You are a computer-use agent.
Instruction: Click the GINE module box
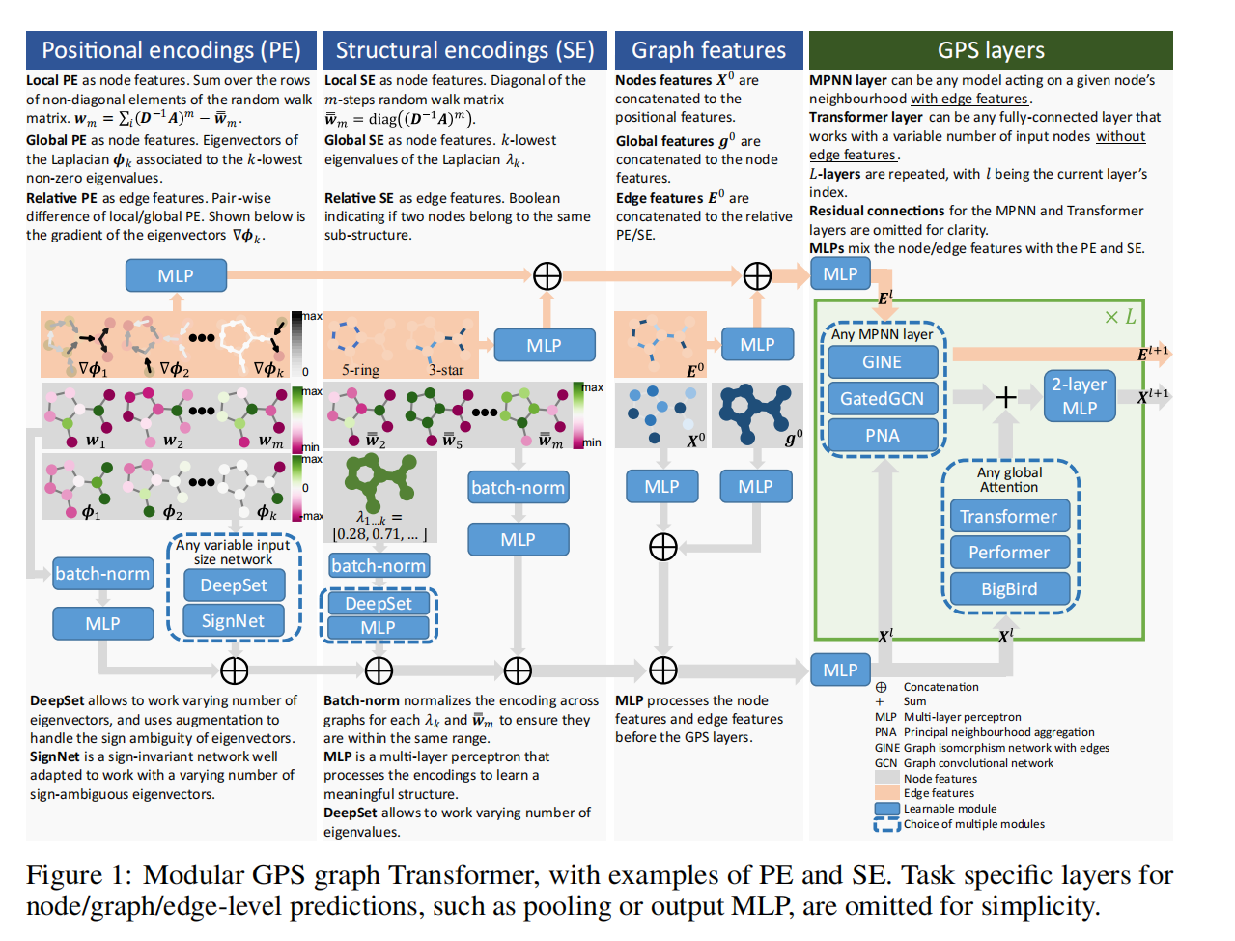tap(882, 361)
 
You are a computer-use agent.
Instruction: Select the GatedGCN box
tap(882, 398)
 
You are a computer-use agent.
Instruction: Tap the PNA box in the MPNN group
tap(882, 435)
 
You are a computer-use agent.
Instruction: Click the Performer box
tap(1009, 552)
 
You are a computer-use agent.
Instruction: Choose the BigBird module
tap(1009, 588)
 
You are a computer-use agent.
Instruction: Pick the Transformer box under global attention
tap(1009, 516)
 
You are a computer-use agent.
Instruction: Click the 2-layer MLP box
tap(1079, 396)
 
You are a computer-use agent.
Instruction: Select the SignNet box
tap(233, 620)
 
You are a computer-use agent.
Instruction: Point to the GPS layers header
tap(991, 50)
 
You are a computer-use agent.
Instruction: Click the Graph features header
tap(708, 50)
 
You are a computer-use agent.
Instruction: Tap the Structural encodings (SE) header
tap(464, 50)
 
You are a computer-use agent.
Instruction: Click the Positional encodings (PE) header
tap(171, 50)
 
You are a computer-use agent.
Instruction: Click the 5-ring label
tap(361, 370)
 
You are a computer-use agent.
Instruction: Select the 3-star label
tap(445, 370)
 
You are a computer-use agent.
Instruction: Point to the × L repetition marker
tap(1120, 317)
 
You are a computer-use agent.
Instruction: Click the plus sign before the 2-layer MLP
tap(1005, 397)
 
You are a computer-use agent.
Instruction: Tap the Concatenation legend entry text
tap(940, 687)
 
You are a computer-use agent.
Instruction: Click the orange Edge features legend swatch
tap(886, 792)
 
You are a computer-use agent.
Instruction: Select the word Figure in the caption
tap(64, 875)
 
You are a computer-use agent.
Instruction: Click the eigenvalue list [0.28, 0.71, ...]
tap(379, 533)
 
